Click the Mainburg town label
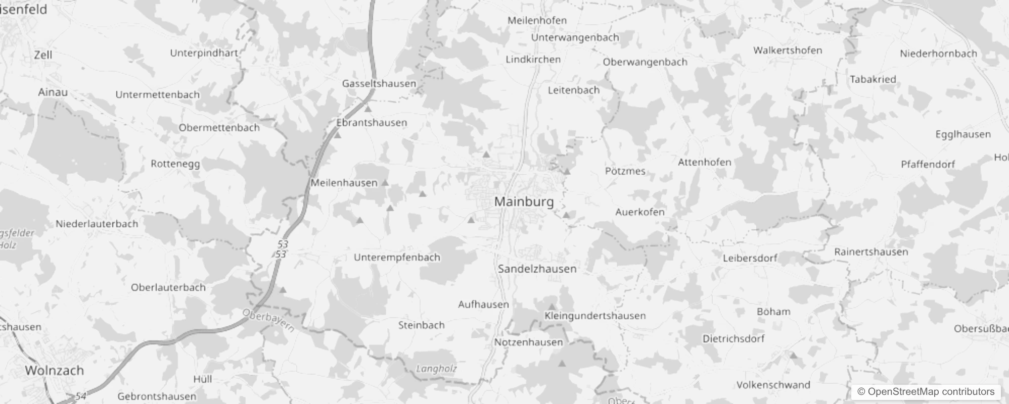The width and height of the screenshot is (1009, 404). (524, 201)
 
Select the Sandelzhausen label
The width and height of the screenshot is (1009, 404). (537, 269)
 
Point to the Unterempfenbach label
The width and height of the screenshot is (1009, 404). (397, 257)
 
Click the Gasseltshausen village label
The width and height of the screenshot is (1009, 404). (379, 83)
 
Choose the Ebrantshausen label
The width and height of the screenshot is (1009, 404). (372, 123)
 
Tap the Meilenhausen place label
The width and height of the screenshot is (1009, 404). (344, 183)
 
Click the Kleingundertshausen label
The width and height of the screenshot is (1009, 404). (595, 316)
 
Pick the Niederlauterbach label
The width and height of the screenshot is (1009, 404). (97, 224)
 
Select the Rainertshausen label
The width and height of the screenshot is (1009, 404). (871, 251)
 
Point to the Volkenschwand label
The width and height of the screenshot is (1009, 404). (773, 385)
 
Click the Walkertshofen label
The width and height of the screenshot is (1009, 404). (788, 50)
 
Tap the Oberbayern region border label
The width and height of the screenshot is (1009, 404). (268, 320)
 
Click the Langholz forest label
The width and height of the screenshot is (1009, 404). (436, 369)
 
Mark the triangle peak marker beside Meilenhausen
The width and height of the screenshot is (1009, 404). (385, 183)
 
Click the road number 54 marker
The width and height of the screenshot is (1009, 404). (80, 396)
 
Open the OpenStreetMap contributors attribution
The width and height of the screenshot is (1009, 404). (926, 391)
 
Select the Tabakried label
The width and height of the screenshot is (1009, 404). (873, 79)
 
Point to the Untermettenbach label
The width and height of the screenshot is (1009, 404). (157, 94)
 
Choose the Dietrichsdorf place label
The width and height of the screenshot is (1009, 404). (733, 338)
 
